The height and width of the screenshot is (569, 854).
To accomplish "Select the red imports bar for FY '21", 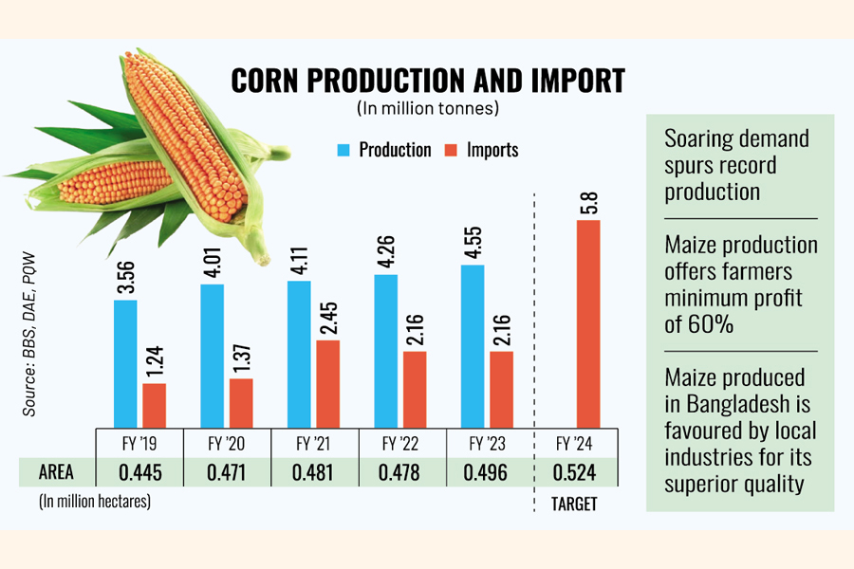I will click(326, 383).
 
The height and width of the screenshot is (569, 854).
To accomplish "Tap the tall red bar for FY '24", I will click(588, 323).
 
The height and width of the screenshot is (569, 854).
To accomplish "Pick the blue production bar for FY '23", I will click(472, 346).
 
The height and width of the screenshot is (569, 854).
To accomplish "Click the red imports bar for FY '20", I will click(241, 403).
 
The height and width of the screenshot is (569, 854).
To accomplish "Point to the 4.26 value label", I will click(386, 248).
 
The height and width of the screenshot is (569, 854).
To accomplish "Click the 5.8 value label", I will click(588, 205).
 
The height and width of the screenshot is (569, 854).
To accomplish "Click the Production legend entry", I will click(383, 150).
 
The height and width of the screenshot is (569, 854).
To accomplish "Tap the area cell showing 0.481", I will click(314, 472).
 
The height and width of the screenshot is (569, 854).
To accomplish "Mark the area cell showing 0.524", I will click(574, 472).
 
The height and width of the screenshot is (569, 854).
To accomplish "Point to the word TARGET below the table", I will click(574, 505).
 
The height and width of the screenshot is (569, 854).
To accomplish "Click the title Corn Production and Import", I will click(427, 81).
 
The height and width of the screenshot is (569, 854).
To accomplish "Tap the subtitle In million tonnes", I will click(427, 108).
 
